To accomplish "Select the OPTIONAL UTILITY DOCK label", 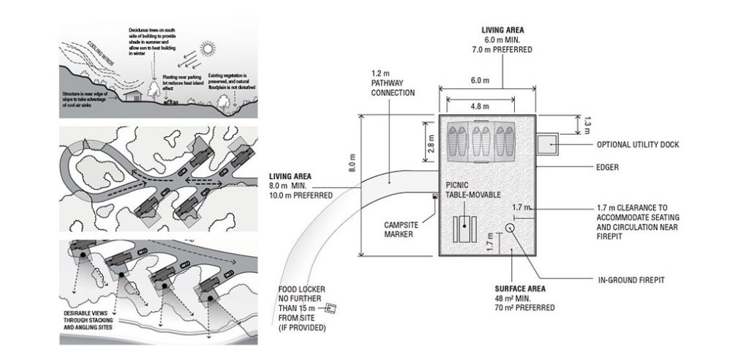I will click(638, 145).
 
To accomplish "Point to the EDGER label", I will click(607, 168).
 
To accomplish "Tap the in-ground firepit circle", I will click(510, 227).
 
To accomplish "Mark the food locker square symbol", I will click(331, 309).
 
